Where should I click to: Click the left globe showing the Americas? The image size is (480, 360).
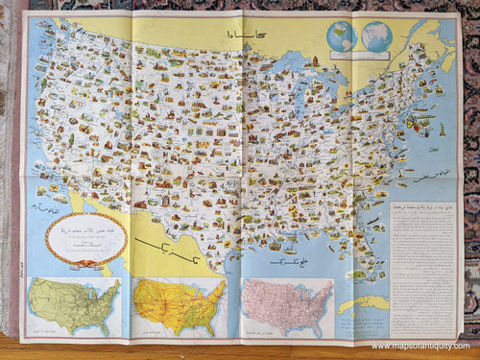coord(340,36)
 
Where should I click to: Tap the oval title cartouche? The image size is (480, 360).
coord(85,237)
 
